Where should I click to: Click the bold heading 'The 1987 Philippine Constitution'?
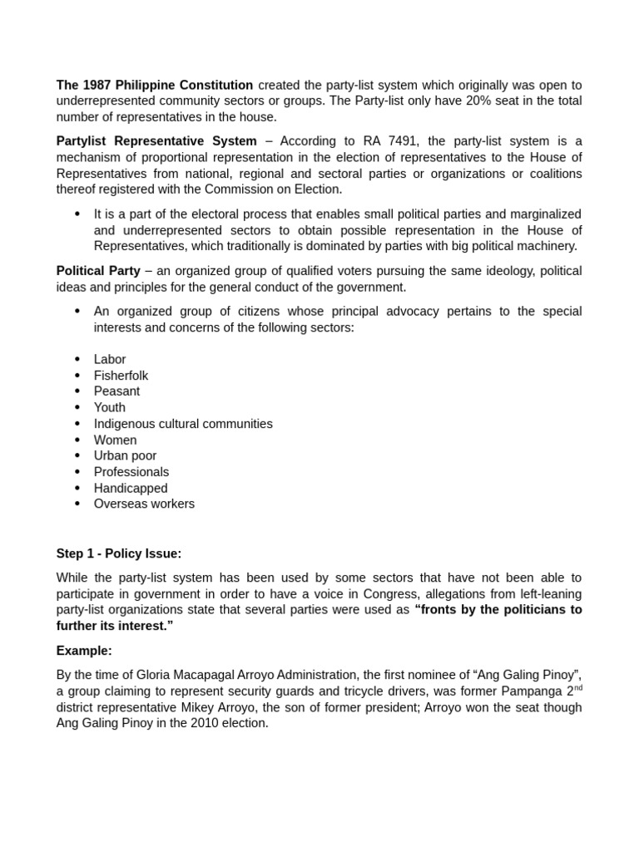pyautogui.click(x=155, y=85)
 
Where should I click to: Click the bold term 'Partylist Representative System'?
pyautogui.click(x=156, y=141)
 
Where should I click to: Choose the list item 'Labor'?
pyautogui.click(x=110, y=359)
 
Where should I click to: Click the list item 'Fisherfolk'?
pyautogui.click(x=121, y=376)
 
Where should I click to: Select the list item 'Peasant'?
pyautogui.click(x=116, y=391)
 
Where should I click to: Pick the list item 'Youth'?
pyautogui.click(x=110, y=407)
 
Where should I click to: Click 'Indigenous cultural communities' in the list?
pyautogui.click(x=183, y=424)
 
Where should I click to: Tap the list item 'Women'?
pyautogui.click(x=115, y=440)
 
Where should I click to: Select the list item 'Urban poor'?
pyautogui.click(x=125, y=455)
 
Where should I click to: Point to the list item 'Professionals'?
pyautogui.click(x=131, y=472)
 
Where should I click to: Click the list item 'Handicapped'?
pyautogui.click(x=131, y=488)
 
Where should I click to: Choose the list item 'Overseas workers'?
pyautogui.click(x=144, y=504)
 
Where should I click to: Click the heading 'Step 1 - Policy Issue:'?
pyautogui.click(x=119, y=553)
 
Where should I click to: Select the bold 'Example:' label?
pyautogui.click(x=84, y=651)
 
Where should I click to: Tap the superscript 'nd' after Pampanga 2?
pyautogui.click(x=578, y=687)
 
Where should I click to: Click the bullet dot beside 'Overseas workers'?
pyautogui.click(x=77, y=504)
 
